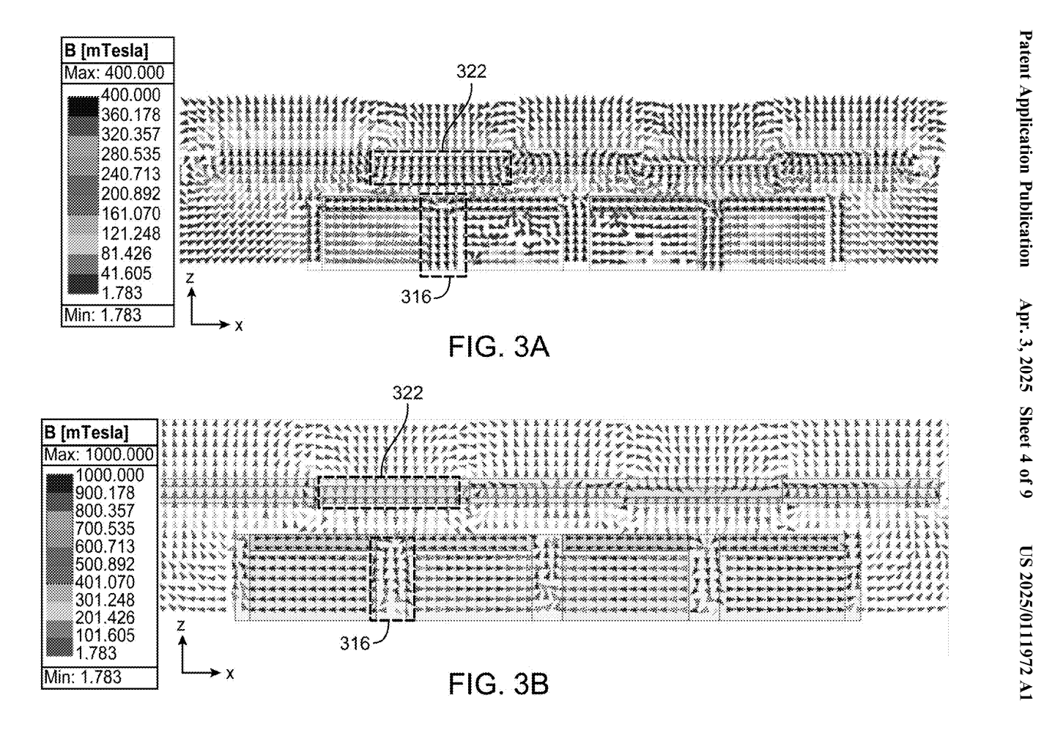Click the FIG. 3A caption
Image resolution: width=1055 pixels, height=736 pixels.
click(x=498, y=347)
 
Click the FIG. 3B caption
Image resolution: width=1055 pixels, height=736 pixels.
click(x=498, y=684)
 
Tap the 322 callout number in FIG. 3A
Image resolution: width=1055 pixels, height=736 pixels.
click(x=471, y=72)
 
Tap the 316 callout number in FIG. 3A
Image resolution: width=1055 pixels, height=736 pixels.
click(x=416, y=296)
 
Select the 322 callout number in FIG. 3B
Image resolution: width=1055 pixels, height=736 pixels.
click(x=408, y=393)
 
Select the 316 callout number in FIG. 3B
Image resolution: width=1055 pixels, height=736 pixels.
click(x=355, y=644)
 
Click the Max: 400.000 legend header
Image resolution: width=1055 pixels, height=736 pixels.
click(x=114, y=73)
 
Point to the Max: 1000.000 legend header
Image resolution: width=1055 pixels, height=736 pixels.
click(x=99, y=455)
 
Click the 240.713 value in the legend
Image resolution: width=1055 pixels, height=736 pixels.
click(x=131, y=174)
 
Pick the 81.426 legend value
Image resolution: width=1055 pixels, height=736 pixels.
click(x=126, y=254)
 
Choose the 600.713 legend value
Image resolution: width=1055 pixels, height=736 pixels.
click(x=105, y=546)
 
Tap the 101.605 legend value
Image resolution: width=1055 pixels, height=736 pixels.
click(x=105, y=635)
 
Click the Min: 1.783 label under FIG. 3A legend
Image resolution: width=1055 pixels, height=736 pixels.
click(x=103, y=314)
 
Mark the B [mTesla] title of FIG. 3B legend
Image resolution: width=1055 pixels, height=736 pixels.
click(x=86, y=433)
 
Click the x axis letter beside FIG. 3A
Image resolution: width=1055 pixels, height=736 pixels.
click(x=239, y=325)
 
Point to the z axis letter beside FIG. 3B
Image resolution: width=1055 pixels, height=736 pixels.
click(x=180, y=625)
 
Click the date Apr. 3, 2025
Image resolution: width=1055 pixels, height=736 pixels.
click(x=1026, y=345)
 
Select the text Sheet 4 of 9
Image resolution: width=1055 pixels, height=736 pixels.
click(x=1026, y=452)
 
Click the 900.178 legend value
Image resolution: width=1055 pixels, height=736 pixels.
click(x=105, y=493)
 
